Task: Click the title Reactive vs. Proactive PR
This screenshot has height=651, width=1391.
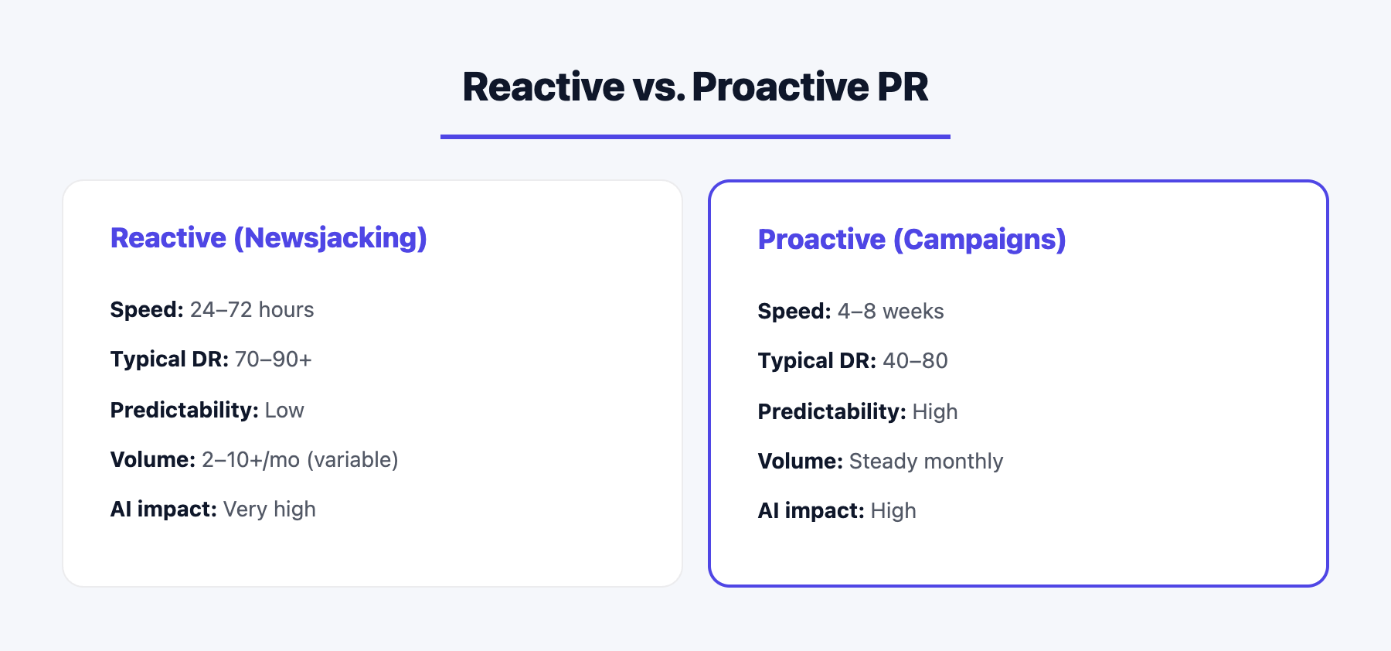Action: (x=695, y=87)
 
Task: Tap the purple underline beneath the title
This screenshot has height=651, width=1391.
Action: (x=695, y=137)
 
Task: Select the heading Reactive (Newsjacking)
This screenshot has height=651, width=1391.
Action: (x=268, y=238)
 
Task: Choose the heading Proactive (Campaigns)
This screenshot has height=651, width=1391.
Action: (x=911, y=240)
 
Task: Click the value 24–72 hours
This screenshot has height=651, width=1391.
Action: (x=252, y=310)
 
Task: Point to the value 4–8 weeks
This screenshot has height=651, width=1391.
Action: (x=890, y=312)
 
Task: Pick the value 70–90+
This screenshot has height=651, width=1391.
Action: (x=273, y=360)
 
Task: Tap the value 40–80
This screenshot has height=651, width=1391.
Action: (x=915, y=361)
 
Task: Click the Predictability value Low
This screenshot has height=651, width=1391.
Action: (x=284, y=411)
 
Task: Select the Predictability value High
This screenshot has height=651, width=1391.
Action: (x=934, y=412)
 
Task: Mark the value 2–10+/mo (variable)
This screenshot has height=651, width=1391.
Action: (x=300, y=460)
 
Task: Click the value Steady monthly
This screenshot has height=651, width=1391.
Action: (x=926, y=462)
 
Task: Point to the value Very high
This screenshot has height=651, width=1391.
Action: (x=269, y=510)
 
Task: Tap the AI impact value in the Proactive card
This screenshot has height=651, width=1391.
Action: (x=893, y=511)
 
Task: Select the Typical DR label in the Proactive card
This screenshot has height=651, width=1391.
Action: (x=817, y=361)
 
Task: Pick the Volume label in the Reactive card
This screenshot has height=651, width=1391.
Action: (x=152, y=460)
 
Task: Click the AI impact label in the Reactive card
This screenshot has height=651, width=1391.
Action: (x=163, y=510)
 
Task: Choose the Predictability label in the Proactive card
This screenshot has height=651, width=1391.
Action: (x=832, y=412)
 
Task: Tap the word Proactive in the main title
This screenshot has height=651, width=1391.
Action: (x=780, y=87)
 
